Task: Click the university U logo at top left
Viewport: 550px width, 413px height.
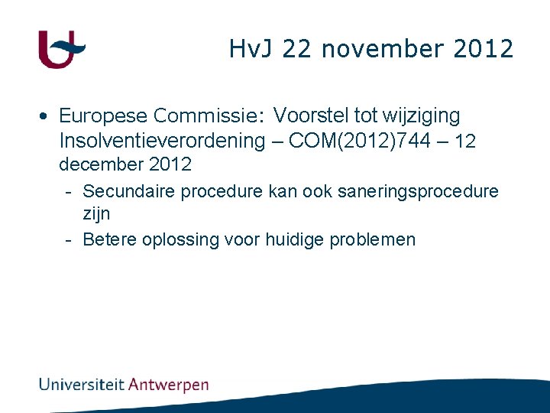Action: coord(60,50)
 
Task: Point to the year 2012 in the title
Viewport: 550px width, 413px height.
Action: coord(483,50)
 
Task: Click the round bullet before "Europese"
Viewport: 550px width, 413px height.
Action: coord(47,116)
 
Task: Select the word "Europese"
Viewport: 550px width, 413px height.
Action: coord(103,116)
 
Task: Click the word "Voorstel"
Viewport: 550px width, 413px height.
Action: coord(309,116)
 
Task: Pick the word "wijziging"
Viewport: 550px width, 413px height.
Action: coord(423,116)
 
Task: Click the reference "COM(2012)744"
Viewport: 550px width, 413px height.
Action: coord(352,141)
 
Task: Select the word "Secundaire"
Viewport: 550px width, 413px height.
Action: coord(128,190)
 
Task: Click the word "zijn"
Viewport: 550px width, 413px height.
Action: coord(96,214)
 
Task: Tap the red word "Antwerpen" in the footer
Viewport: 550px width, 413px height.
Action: coord(169,384)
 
